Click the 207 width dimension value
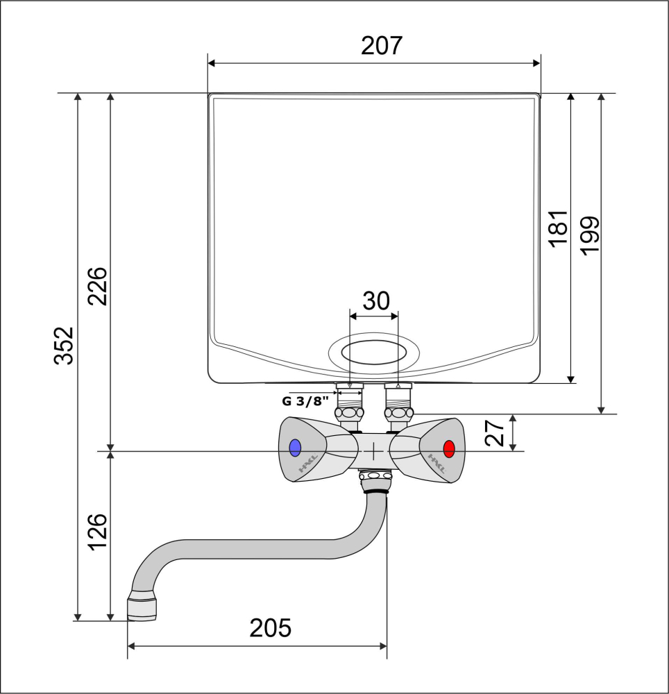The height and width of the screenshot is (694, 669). [x=382, y=46]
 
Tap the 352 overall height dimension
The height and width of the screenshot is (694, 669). [x=64, y=346]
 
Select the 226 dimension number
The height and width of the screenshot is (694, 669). [x=97, y=287]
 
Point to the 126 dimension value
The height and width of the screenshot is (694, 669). [x=97, y=532]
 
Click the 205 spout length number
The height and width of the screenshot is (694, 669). [x=271, y=628]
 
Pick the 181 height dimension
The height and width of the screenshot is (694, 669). [x=558, y=228]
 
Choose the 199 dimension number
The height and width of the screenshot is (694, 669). [x=589, y=236]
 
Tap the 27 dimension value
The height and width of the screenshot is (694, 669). [x=494, y=433]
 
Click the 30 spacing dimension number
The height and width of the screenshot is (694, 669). [x=376, y=301]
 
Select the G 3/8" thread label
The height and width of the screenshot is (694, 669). [x=306, y=401]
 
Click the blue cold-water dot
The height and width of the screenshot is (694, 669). [x=295, y=448]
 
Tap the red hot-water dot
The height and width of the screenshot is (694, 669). [x=448, y=449]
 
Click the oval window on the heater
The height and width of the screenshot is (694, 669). [x=374, y=353]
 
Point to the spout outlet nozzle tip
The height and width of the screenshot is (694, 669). [x=142, y=609]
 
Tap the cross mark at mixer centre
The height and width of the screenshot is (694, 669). [x=374, y=452]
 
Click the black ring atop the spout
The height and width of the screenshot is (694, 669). [x=375, y=491]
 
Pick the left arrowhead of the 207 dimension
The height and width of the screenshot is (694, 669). [x=211, y=63]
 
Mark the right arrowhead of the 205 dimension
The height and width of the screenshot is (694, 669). [x=383, y=646]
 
